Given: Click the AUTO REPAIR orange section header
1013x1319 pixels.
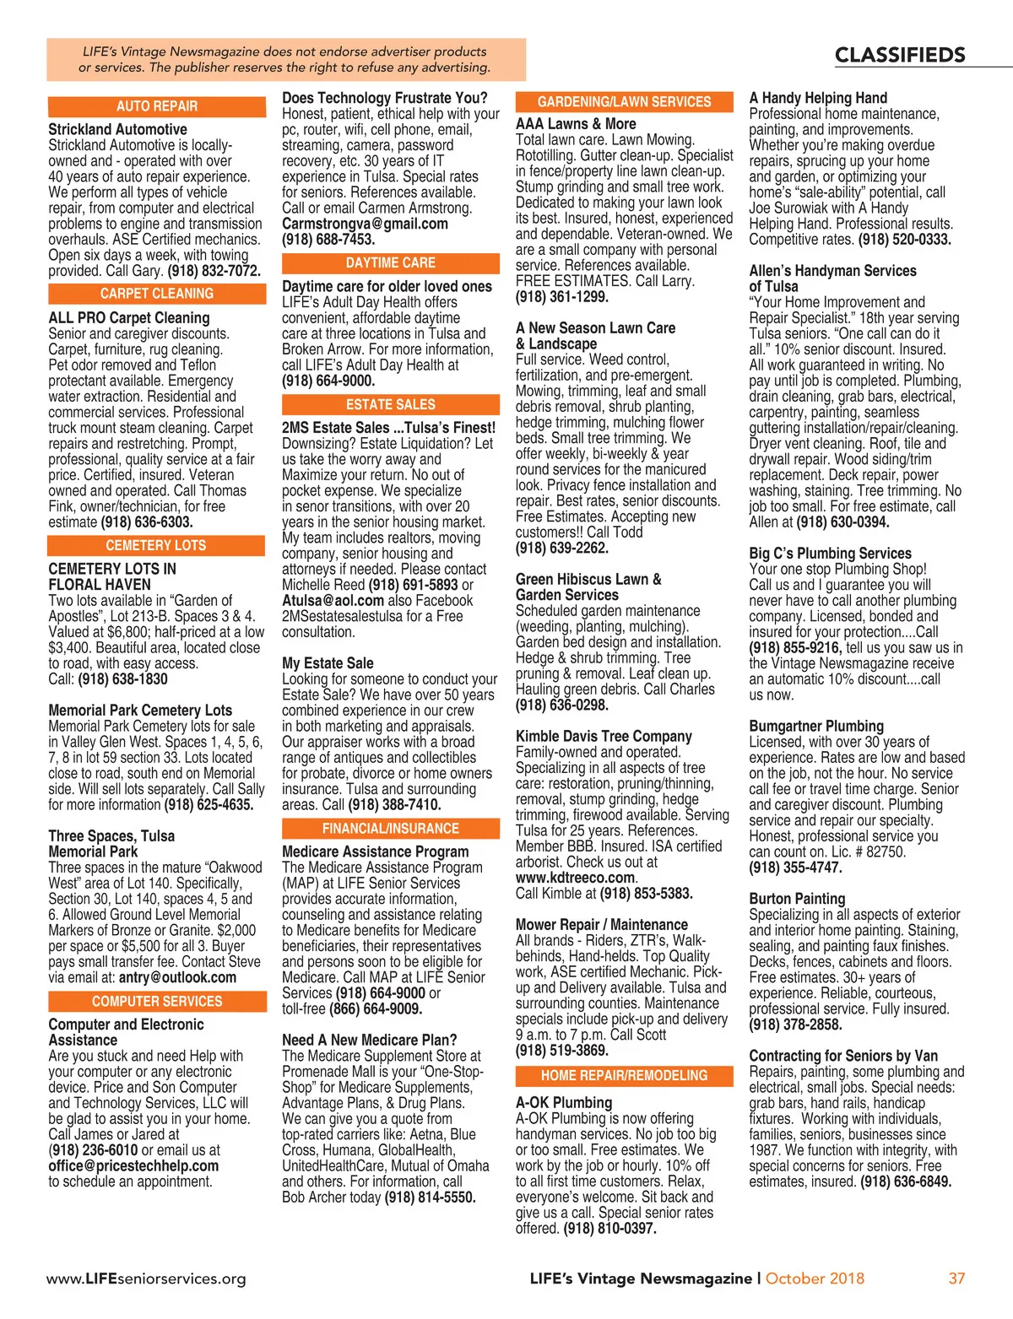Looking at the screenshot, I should (x=157, y=106).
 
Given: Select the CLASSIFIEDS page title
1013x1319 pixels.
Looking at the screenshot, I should (x=900, y=56).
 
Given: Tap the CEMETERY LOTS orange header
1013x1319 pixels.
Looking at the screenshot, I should (x=157, y=546).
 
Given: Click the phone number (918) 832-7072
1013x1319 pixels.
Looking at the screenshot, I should (x=214, y=271).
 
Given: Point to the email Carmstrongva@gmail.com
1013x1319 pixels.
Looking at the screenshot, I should (x=365, y=224).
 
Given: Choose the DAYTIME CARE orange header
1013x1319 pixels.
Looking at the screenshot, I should (x=391, y=263).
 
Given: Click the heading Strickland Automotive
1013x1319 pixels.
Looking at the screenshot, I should (x=117, y=129).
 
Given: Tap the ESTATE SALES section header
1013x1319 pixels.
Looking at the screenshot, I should (x=391, y=405).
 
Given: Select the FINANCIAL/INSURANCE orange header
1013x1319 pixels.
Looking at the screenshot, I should (x=391, y=829).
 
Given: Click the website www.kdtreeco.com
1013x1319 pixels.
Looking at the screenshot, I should (x=576, y=878).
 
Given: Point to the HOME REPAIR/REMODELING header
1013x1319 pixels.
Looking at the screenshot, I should (x=625, y=1076).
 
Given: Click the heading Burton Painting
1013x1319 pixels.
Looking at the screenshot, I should (x=797, y=899).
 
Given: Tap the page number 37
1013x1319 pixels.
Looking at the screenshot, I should (x=956, y=1278).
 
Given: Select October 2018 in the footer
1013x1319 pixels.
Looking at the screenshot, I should (x=815, y=1278).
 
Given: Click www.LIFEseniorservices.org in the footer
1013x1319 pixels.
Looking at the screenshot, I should (x=146, y=1278).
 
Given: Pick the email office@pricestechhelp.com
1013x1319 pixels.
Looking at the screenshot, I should (x=133, y=1165).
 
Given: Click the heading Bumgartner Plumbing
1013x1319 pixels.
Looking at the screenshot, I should (x=816, y=726).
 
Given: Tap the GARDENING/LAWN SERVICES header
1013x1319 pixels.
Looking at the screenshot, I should (x=625, y=102).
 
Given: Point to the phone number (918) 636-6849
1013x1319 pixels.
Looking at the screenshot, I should (x=906, y=1181).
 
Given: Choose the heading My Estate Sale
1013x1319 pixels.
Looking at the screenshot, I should (x=328, y=663).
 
